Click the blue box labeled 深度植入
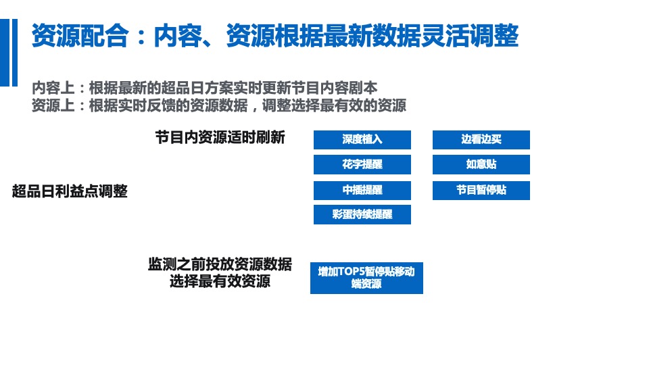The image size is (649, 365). click(x=362, y=140)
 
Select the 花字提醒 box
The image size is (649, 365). click(x=362, y=165)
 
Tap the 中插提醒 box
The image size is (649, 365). click(x=362, y=191)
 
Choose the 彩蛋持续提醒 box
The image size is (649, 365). click(x=362, y=215)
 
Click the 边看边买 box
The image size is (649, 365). click(x=481, y=140)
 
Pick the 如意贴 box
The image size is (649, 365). click(x=481, y=165)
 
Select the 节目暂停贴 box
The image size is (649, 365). click(x=481, y=191)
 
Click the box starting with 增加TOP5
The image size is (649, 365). click(x=366, y=278)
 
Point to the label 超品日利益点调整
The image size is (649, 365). click(x=70, y=191)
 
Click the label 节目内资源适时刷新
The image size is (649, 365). click(x=220, y=137)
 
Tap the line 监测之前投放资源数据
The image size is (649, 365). click(x=220, y=264)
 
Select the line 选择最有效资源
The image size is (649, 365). click(x=220, y=281)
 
